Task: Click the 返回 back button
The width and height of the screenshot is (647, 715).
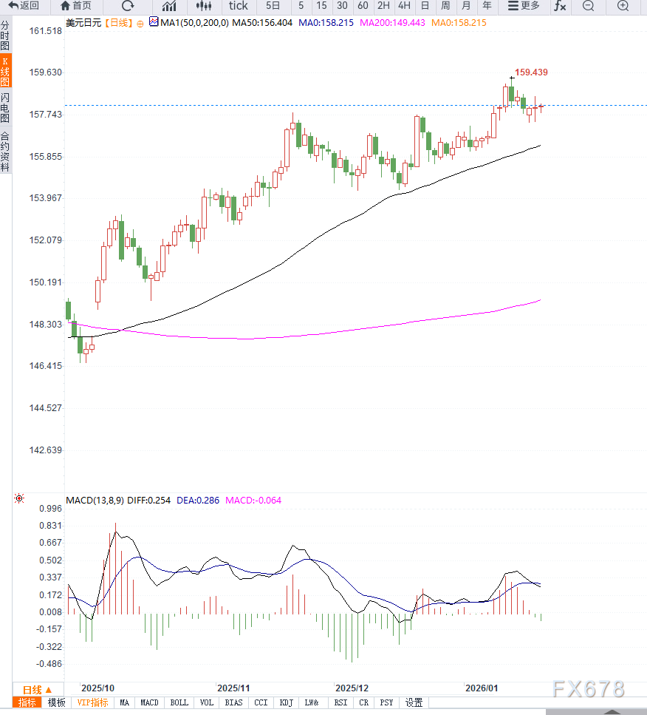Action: (24, 6)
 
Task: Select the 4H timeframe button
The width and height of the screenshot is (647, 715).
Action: (404, 6)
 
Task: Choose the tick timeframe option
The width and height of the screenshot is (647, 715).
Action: (238, 6)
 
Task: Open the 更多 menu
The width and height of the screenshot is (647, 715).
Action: (524, 6)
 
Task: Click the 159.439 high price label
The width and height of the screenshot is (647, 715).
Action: (531, 72)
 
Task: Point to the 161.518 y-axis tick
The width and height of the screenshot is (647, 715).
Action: (46, 31)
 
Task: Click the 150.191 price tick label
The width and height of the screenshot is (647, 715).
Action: (46, 282)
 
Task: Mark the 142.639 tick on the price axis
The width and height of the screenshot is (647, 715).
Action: (46, 450)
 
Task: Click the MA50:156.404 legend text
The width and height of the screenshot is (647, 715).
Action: (262, 23)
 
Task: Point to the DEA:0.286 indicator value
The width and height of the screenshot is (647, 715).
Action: (198, 501)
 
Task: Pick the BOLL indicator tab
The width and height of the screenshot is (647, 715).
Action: (179, 702)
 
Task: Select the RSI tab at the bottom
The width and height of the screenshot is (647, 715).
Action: (340, 702)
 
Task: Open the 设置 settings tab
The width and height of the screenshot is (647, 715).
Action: (414, 702)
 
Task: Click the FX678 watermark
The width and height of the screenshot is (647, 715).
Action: (588, 689)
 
